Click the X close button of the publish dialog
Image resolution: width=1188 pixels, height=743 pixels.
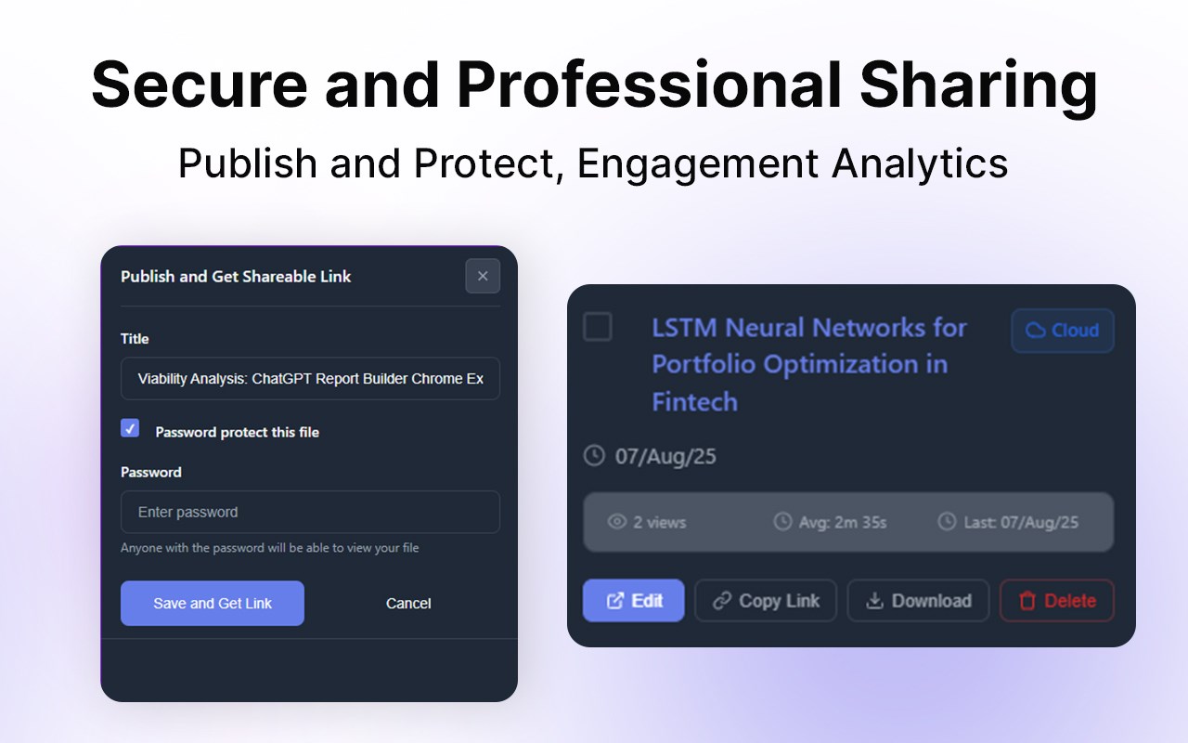pos(483,276)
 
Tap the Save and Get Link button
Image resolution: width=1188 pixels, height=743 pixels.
pos(213,603)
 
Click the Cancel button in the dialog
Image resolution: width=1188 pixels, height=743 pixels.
pos(408,604)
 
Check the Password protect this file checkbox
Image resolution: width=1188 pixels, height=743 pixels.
pos(130,428)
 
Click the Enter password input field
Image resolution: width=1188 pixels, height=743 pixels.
pos(310,512)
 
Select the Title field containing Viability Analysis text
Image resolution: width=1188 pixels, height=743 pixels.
pos(310,378)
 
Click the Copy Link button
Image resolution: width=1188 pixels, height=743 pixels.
pos(766,601)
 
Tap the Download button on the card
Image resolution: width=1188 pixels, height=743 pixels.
pos(918,601)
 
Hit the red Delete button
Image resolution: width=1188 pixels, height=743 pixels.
pos(1057,601)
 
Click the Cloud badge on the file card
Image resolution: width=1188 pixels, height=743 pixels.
pos(1063,330)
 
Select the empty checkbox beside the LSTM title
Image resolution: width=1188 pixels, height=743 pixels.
pos(598,326)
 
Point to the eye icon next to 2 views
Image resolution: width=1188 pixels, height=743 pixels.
pos(617,522)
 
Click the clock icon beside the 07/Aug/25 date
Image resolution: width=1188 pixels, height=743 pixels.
pos(594,455)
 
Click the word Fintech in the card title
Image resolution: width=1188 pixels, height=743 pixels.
pos(695,401)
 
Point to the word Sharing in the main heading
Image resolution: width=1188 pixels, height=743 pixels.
pos(978,85)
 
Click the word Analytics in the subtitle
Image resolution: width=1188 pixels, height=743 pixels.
pos(920,163)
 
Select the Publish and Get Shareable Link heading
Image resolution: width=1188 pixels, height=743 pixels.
pos(236,276)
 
